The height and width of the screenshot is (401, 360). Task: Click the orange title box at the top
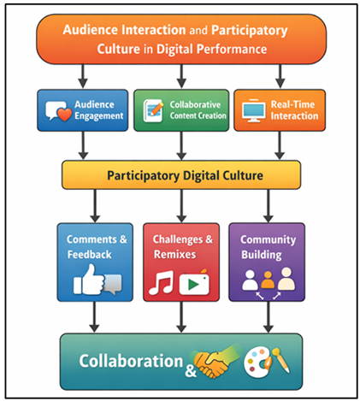(x=180, y=38)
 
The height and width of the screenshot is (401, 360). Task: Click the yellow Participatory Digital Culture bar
(x=180, y=174)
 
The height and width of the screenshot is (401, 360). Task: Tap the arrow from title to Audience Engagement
(x=82, y=72)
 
